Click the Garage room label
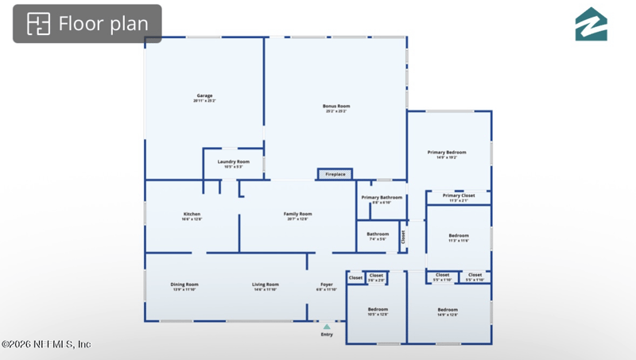coord(204,96)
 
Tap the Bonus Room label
coord(335,106)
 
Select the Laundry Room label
coord(233,162)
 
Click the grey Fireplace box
coord(335,174)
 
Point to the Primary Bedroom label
coord(447,153)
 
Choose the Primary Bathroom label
coord(382,197)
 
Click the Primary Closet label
coord(459,195)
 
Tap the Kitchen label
coord(192,215)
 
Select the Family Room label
coord(298,215)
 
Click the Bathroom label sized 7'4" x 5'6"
coord(378,234)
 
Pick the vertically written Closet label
coord(403,236)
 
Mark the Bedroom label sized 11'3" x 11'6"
coord(459,236)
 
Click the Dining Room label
coord(184,285)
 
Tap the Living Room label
coord(266,285)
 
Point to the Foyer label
coord(327,285)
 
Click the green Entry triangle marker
coord(326,326)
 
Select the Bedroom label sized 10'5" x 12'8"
coord(378,309)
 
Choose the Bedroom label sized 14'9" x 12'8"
coord(448,310)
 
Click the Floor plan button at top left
coord(87,24)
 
